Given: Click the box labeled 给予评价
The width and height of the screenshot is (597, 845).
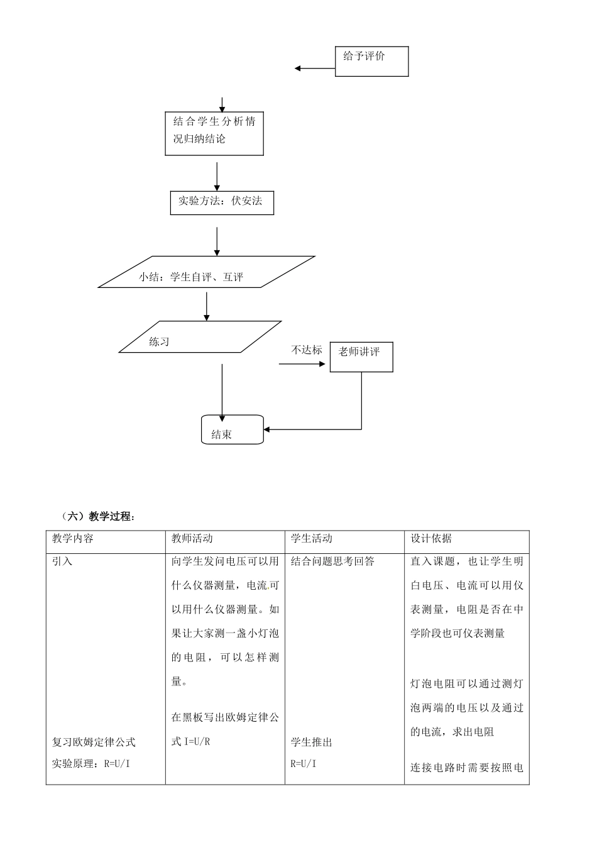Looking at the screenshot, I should [371, 62].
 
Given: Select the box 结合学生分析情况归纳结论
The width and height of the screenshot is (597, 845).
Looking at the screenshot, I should [214, 133].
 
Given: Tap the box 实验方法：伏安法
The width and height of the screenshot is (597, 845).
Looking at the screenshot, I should [222, 202].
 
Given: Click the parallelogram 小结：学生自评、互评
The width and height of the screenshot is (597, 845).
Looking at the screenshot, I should [207, 272].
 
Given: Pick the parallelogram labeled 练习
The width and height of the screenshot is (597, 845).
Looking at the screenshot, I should [200, 338].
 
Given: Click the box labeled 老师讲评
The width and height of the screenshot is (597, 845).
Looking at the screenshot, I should [361, 356].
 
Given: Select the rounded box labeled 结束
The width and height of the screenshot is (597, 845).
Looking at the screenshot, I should [232, 430].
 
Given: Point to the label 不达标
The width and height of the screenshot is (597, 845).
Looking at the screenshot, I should [306, 350].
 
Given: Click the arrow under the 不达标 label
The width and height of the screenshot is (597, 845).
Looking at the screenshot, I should [304, 363].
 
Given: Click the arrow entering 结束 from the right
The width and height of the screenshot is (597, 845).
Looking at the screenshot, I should [312, 429].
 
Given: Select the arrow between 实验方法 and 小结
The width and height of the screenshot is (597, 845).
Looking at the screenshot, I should [217, 241].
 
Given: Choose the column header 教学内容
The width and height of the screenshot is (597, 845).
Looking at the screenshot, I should [73, 539].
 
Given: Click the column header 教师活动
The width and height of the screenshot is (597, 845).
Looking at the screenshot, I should [192, 539].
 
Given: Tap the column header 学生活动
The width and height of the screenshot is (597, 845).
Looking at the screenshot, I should [312, 539].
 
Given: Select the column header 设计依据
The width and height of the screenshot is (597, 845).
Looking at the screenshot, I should [431, 539].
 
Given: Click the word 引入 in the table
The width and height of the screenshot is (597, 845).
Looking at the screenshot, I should [62, 561].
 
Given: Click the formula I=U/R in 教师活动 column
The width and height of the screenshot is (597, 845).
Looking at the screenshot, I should [197, 742].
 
